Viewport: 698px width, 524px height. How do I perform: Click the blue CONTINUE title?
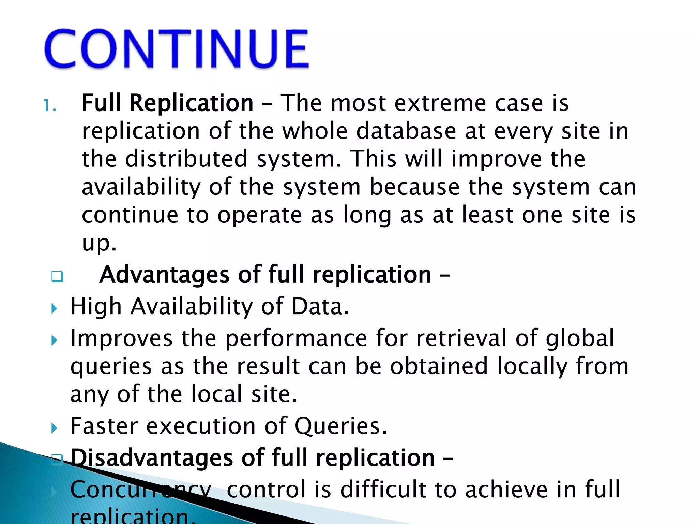177,49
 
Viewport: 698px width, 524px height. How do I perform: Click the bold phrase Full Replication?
167,103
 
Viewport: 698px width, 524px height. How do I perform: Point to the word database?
406,131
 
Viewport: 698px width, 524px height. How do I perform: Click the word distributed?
186,159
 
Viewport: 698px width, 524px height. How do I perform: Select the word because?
414,187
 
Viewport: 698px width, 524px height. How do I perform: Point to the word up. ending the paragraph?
99,243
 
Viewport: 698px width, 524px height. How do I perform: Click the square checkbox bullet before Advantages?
57,276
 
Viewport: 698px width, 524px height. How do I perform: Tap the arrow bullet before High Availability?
54,309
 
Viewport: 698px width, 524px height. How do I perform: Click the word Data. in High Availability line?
320,306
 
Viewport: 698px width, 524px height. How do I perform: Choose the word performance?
296,338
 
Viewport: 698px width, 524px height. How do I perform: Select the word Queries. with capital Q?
341,426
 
